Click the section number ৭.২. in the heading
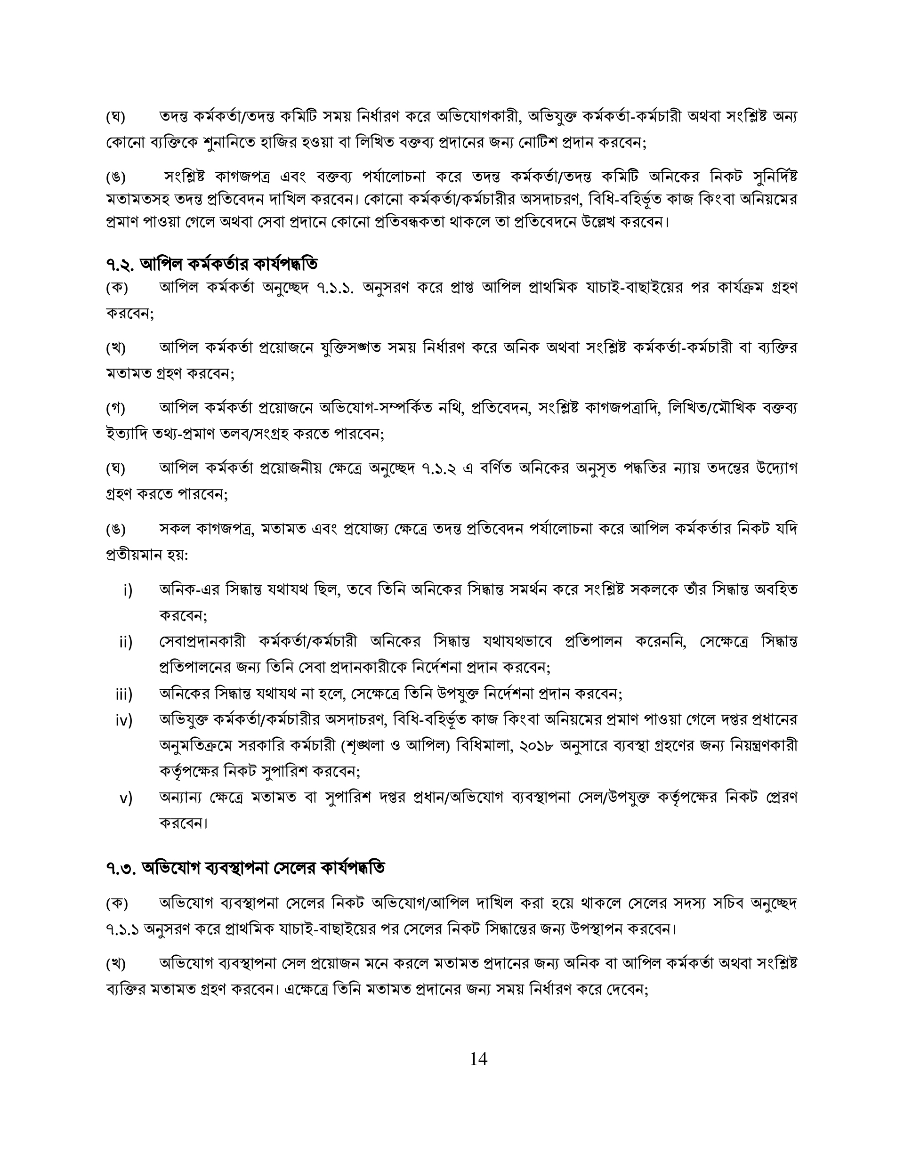click(x=121, y=264)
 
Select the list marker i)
click(x=128, y=590)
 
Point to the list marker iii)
click(x=124, y=695)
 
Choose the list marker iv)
click(x=124, y=720)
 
